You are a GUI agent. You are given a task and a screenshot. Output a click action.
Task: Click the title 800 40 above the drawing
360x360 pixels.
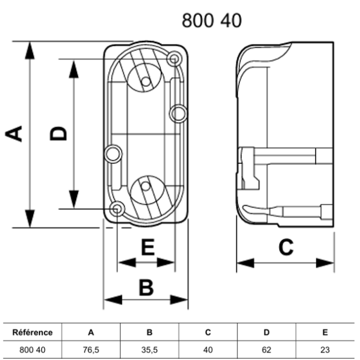coord(212,20)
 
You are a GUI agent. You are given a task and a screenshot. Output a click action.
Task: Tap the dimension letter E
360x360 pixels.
coord(146,247)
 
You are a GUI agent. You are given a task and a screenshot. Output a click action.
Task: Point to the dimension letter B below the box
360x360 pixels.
coord(146,287)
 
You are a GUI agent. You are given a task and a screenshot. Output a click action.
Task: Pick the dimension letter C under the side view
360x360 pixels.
coord(286,247)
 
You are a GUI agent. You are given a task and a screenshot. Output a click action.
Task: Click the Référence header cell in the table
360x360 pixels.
coord(33,332)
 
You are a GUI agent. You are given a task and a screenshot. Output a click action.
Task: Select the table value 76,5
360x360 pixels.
coord(91,349)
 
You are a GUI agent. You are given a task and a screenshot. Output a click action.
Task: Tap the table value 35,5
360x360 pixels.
coord(149,349)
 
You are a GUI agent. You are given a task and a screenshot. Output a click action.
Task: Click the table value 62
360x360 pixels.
coord(266,349)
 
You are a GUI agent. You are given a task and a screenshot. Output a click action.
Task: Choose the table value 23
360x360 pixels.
coord(325,349)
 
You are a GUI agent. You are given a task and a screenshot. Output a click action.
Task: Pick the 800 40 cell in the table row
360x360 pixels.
coord(33,349)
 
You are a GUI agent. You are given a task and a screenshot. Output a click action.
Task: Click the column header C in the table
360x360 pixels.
coord(208,332)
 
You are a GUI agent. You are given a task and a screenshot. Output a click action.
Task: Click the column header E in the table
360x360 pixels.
coord(325,332)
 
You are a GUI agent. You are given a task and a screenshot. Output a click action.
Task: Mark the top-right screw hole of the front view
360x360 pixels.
coord(174,59)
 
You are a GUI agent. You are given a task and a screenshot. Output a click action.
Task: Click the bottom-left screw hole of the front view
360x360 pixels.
coord(118,209)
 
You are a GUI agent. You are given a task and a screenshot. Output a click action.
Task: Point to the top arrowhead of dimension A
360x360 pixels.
coord(28,48)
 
